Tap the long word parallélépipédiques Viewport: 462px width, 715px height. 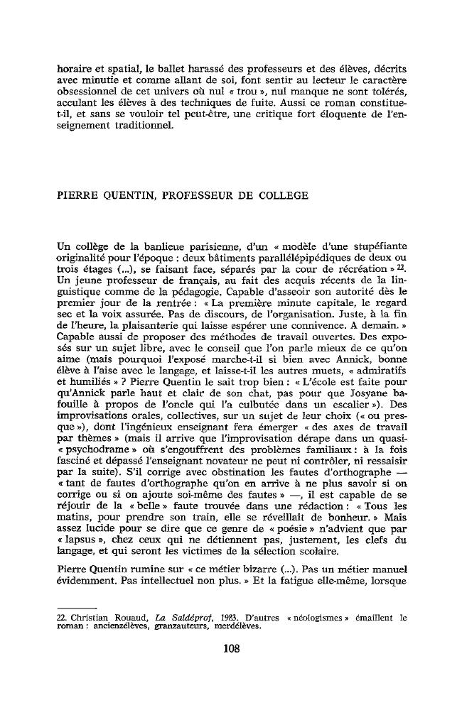(288, 258)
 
